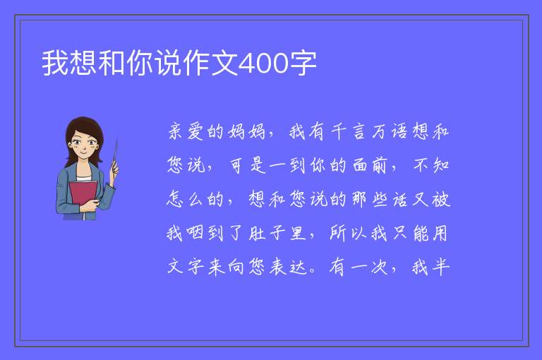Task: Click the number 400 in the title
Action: tap(263, 64)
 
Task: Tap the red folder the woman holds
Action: tap(83, 194)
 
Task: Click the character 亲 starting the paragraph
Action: tap(176, 131)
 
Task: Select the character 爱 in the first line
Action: tap(195, 131)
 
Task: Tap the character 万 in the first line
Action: tap(379, 131)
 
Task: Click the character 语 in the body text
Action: tap(399, 131)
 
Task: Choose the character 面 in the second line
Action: tap(359, 165)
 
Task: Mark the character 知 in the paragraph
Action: tap(440, 165)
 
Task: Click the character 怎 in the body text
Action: tap(175, 199)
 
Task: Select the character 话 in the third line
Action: tap(399, 199)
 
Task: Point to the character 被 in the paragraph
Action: tap(440, 199)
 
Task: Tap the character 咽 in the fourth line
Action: tap(195, 233)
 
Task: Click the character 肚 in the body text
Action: tap(257, 233)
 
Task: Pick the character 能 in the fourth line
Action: tap(420, 233)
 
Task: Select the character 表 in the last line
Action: tap(277, 267)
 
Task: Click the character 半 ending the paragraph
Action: tap(440, 267)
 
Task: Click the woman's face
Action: tap(84, 143)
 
